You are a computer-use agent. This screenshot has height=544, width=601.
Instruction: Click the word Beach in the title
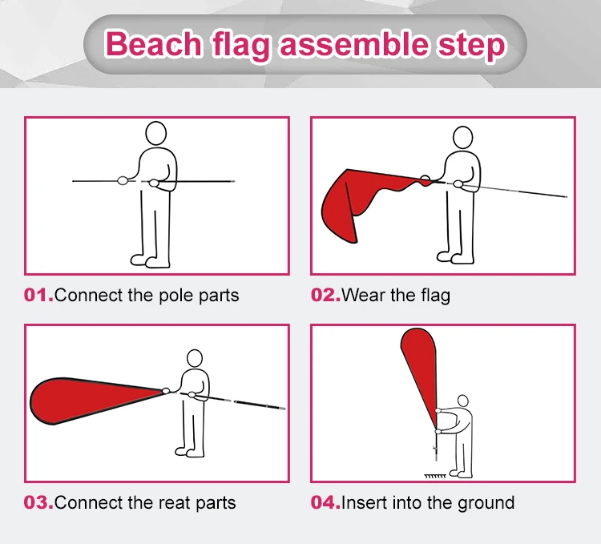(153, 43)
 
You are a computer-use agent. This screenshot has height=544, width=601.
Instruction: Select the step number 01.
(38, 296)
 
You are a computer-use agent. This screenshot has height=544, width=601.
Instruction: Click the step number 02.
(325, 296)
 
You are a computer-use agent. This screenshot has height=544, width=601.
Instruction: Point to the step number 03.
(38, 502)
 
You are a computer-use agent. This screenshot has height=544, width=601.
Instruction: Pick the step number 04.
(325, 502)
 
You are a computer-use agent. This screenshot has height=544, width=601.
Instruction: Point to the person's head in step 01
(156, 133)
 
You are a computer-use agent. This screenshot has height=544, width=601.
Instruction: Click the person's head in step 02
(462, 138)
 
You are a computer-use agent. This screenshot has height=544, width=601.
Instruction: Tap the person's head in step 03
(195, 359)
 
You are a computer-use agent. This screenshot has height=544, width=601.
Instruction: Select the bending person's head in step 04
(463, 401)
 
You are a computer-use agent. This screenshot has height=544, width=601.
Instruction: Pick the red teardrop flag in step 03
(96, 401)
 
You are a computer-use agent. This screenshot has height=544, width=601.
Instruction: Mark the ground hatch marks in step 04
(435, 476)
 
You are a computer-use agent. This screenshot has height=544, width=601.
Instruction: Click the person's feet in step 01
(150, 261)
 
